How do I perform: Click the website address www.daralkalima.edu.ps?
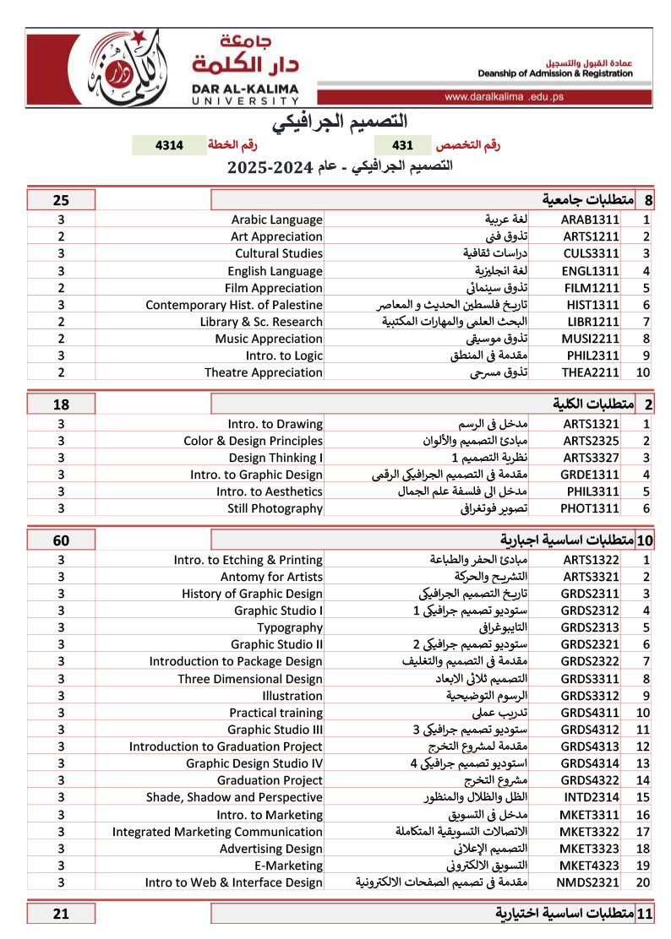(504, 97)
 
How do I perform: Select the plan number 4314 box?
(169, 145)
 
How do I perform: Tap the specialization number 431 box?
(403, 145)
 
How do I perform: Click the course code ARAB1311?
(591, 220)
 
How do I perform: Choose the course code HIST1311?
(591, 304)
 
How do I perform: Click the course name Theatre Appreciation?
(264, 372)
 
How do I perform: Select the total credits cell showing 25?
(61, 200)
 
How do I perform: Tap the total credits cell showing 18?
(61, 404)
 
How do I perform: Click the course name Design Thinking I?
(275, 458)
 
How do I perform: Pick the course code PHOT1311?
(591, 508)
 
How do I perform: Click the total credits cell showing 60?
(61, 540)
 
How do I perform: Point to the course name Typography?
(290, 627)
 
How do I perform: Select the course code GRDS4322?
(591, 780)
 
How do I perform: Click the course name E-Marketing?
(288, 866)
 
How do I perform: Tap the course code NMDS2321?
(591, 882)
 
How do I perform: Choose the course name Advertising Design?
(271, 849)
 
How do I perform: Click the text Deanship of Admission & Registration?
(554, 73)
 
